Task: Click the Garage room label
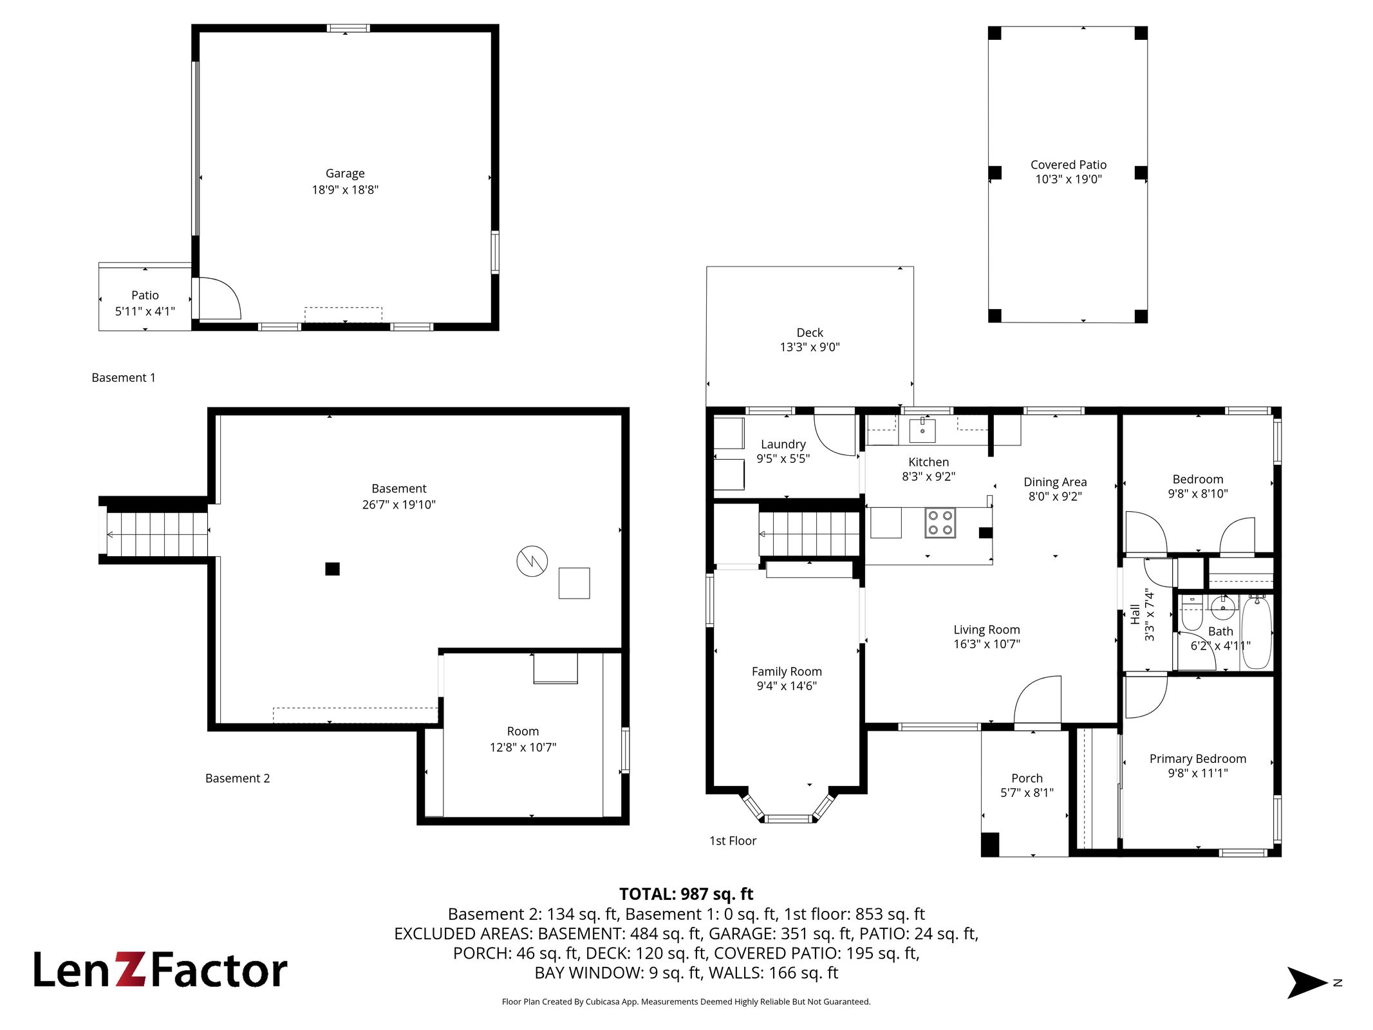[x=345, y=173]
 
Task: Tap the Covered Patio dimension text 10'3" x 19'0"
[x=1069, y=180]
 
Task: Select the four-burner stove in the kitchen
[x=940, y=523]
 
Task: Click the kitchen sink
[x=922, y=429]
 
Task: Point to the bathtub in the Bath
[x=1256, y=632]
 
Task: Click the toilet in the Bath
[x=1191, y=614]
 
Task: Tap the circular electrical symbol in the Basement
[x=532, y=561]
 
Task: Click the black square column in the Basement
[x=332, y=568]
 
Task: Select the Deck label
[x=810, y=333]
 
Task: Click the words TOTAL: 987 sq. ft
[x=686, y=894]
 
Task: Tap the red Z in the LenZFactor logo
[x=131, y=969]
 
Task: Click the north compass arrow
[x=1307, y=982]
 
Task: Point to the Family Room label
[x=787, y=671]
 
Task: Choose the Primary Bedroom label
[x=1198, y=759]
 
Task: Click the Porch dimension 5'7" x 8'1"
[x=1027, y=793]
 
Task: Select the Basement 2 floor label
[x=238, y=778]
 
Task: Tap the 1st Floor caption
[x=733, y=841]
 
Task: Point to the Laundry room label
[x=783, y=444]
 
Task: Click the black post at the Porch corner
[x=990, y=844]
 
